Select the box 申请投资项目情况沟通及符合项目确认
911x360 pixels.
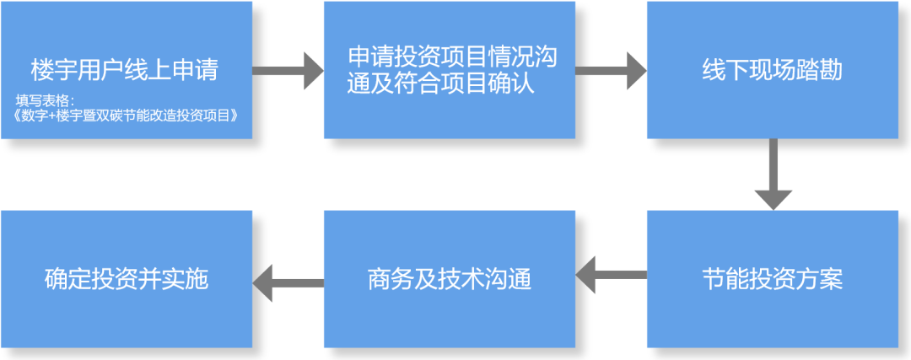450,70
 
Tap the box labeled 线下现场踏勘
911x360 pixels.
772,70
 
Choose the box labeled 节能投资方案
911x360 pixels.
772,279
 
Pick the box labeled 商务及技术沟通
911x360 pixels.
450,279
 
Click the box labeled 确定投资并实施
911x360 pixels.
127,279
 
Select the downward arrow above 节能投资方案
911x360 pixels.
772,174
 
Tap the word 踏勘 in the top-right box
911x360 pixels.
824,70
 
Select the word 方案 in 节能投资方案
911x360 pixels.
824,279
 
